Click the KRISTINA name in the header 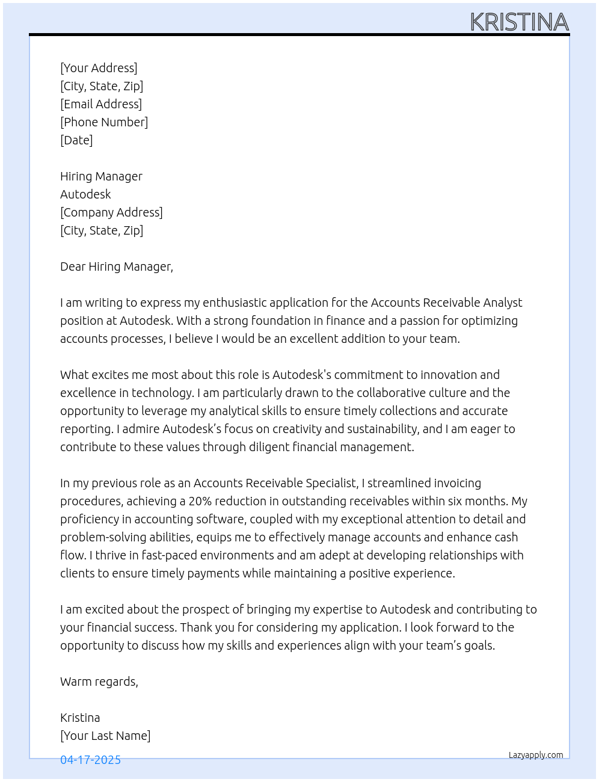point(519,22)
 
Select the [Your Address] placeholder point(99,68)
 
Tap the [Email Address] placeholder point(101,104)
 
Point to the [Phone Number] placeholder point(104,122)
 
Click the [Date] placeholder point(76,140)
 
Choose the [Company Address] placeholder point(111,212)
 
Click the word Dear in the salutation point(72,266)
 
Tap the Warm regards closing point(99,682)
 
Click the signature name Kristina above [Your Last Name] point(80,718)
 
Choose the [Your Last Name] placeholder point(105,736)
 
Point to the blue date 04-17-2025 point(90,760)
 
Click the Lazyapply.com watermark point(536,755)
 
